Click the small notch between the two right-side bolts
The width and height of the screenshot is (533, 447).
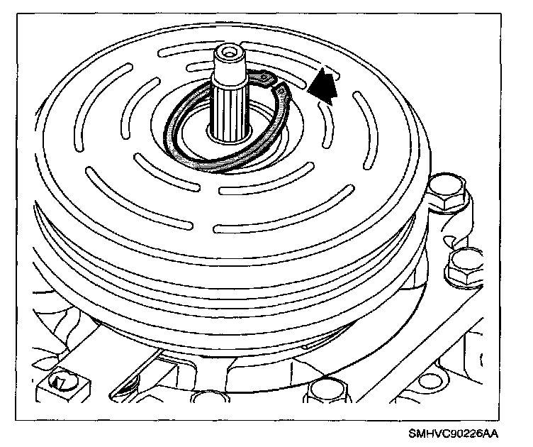point(460,235)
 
